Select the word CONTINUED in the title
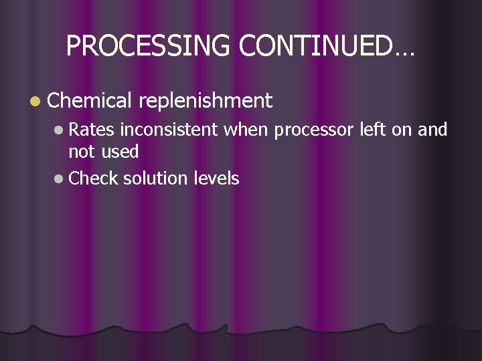click(x=315, y=45)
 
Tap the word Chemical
click(x=90, y=101)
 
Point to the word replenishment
click(x=206, y=101)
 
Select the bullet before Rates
click(x=60, y=130)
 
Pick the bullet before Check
click(x=60, y=179)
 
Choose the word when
click(x=247, y=130)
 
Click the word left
click(x=373, y=130)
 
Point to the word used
click(x=120, y=152)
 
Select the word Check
click(x=94, y=178)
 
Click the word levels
click(x=216, y=178)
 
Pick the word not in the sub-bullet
click(x=82, y=152)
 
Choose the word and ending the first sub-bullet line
click(x=432, y=130)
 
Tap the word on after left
click(x=402, y=130)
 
